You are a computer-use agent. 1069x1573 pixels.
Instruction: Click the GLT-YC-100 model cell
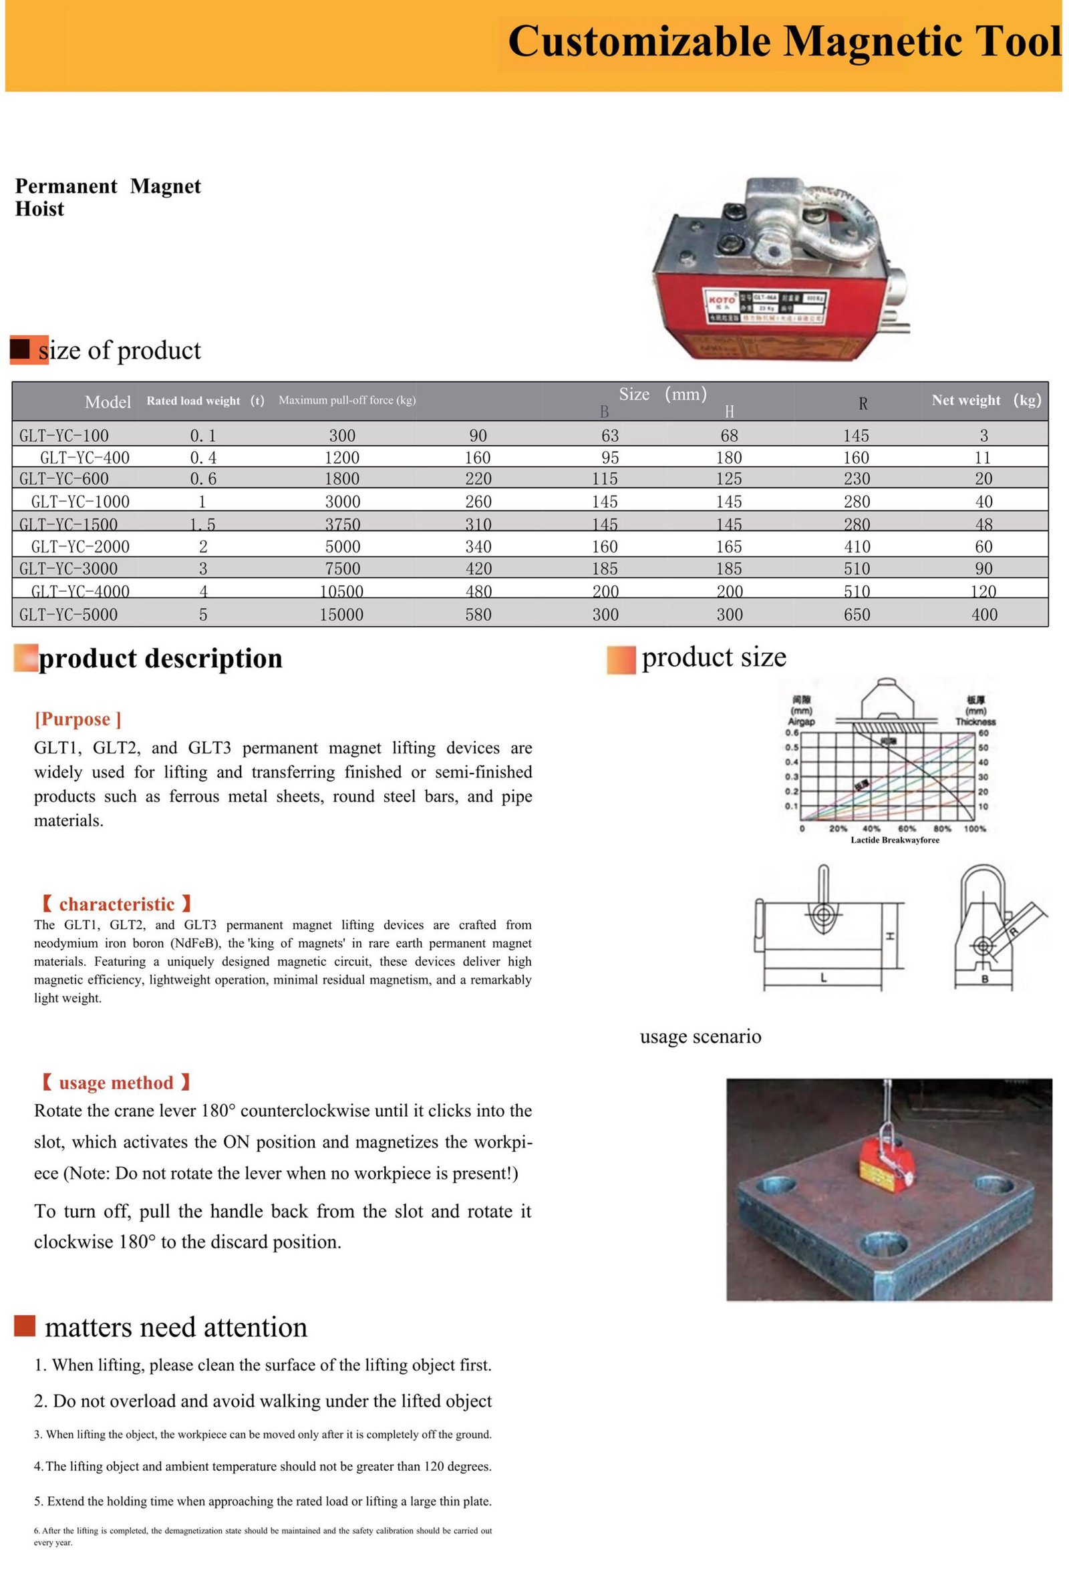click(63, 435)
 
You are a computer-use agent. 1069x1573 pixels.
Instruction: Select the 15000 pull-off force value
click(341, 615)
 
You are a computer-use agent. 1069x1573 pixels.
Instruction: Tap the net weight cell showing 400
click(983, 615)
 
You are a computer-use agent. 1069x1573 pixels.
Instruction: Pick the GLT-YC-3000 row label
click(67, 568)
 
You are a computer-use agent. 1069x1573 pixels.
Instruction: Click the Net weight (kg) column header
click(985, 400)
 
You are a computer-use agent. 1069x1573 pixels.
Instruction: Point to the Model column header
click(108, 402)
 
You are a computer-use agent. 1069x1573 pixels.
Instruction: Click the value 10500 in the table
click(341, 592)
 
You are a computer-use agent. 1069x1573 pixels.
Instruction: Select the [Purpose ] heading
click(78, 719)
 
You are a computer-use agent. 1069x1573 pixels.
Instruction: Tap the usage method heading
click(116, 1083)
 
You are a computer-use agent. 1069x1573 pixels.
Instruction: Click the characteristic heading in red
click(116, 904)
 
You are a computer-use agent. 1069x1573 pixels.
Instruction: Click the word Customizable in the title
click(639, 42)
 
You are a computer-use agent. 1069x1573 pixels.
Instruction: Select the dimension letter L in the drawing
click(823, 977)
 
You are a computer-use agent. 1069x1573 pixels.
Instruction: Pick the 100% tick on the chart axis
click(974, 828)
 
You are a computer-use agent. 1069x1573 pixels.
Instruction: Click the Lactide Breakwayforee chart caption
click(895, 840)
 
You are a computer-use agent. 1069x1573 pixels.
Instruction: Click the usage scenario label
click(700, 1037)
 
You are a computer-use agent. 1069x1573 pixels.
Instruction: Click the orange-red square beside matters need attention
click(24, 1326)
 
